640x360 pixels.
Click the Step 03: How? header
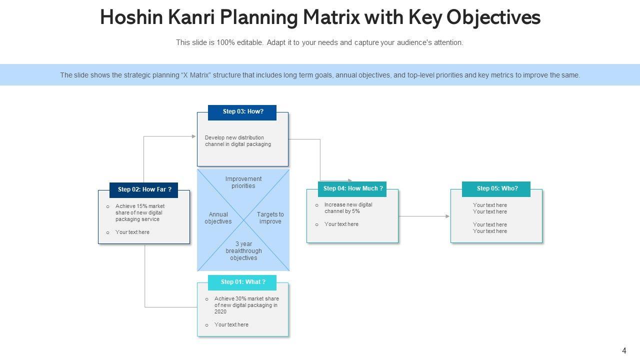[x=242, y=111]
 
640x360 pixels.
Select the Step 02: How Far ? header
[x=144, y=189]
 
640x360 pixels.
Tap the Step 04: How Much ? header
[x=352, y=188]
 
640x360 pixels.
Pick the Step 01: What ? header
[x=242, y=282]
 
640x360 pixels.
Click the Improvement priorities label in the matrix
[x=243, y=182]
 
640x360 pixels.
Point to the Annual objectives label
[x=218, y=218]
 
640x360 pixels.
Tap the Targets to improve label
[x=270, y=218]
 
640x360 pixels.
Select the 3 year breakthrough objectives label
[x=243, y=251]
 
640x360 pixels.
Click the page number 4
[x=624, y=350]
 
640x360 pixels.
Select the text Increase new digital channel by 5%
[x=348, y=208]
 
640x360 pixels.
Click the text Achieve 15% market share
[x=140, y=206]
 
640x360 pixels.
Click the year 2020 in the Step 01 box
[x=220, y=311]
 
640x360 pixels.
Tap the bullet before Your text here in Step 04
[x=317, y=224]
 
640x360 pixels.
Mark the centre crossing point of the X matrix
[x=243, y=220]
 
